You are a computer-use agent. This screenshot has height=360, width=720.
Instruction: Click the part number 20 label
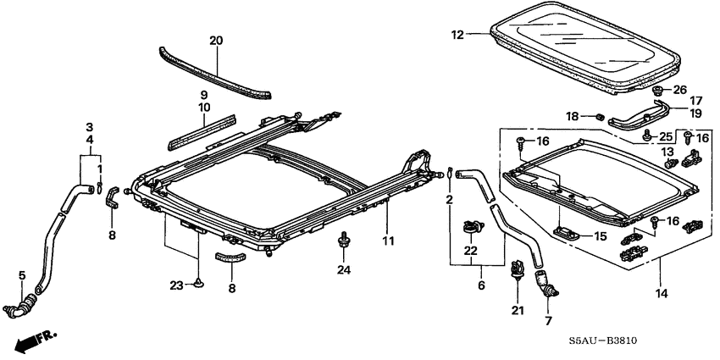coord(215,40)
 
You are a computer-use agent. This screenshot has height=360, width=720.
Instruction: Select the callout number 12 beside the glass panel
coord(457,35)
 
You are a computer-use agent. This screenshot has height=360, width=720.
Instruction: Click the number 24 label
coord(343,271)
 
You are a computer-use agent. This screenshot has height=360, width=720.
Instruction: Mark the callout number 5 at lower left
coord(21,274)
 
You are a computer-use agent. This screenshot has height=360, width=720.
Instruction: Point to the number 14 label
coord(660,294)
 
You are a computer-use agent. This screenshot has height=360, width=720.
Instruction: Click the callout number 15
coord(600,236)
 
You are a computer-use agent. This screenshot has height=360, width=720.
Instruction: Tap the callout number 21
coord(515,311)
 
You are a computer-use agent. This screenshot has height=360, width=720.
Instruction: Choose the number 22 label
coord(469,251)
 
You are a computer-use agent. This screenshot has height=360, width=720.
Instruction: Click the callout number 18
coord(573,116)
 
